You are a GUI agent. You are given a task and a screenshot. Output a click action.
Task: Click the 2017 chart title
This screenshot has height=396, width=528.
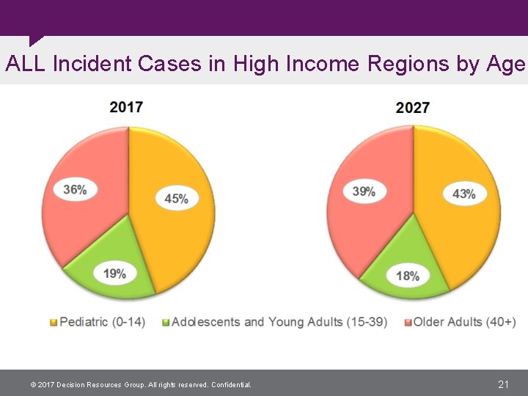(126, 107)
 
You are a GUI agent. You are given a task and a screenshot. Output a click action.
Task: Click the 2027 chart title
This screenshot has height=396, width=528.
(412, 108)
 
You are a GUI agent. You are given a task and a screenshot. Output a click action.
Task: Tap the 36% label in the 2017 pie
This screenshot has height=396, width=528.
(75, 190)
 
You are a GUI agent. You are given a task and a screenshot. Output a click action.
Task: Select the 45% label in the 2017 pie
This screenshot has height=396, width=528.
(176, 198)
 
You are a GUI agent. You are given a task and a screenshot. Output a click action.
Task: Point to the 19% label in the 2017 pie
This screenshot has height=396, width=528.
(114, 274)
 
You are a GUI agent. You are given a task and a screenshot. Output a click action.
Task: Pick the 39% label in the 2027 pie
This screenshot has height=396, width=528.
(364, 191)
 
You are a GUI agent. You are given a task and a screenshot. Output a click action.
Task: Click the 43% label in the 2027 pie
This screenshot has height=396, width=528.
(464, 194)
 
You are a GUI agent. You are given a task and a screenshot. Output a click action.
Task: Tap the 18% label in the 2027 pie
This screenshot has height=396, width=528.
(408, 276)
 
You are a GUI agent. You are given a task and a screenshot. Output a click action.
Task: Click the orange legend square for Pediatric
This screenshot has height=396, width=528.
(53, 323)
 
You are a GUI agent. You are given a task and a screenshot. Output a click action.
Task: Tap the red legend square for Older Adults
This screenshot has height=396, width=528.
(407, 323)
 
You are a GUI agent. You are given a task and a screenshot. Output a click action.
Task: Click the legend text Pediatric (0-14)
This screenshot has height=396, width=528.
(102, 322)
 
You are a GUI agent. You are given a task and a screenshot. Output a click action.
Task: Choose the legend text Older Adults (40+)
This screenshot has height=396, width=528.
(465, 322)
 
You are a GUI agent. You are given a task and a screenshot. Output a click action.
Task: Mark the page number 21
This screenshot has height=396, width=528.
(504, 384)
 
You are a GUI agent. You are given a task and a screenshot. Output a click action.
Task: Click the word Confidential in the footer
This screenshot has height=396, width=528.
(231, 385)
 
